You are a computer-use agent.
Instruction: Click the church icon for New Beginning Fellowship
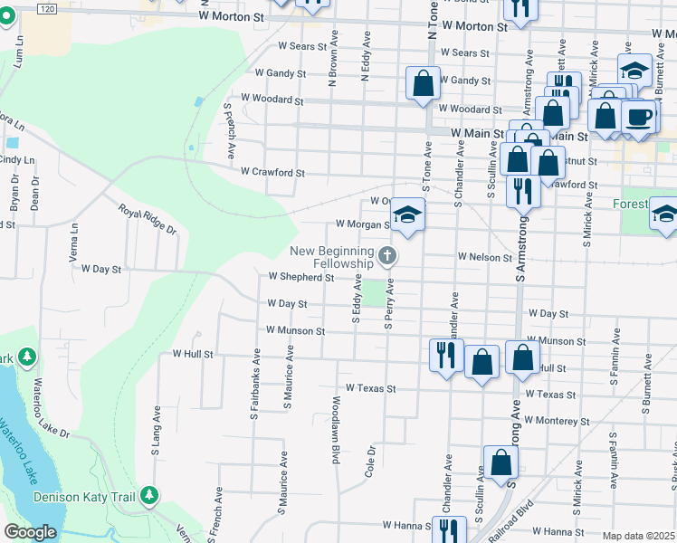(387, 256)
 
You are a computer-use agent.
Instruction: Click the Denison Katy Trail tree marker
(149, 496)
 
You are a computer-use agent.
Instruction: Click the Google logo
(30, 532)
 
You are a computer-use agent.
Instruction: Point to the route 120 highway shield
(48, 6)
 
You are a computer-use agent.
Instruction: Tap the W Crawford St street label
(272, 171)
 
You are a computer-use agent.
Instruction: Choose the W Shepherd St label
(303, 277)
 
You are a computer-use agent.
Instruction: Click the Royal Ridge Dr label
(145, 219)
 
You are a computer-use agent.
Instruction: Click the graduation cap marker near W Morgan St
(407, 215)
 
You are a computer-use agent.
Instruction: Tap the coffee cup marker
(639, 117)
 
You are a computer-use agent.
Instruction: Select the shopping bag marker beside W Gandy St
(423, 83)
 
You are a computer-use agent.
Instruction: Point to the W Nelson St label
(485, 258)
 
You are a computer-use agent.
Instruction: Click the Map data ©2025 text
(638, 536)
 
